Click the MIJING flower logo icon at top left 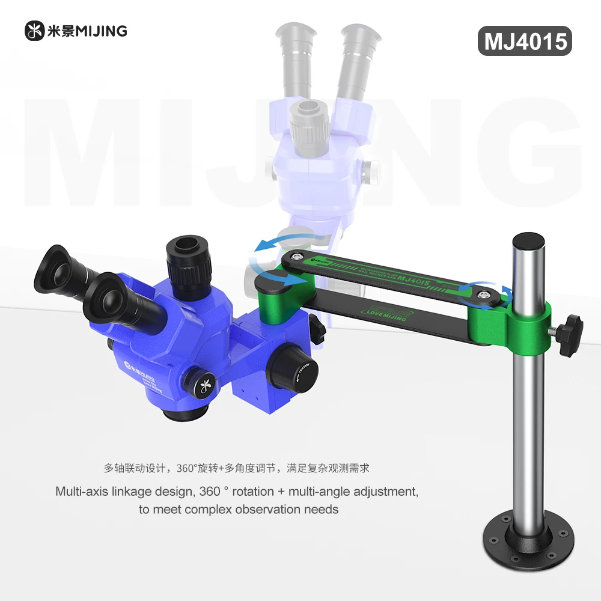34,31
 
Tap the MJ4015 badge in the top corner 525,41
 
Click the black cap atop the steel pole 528,240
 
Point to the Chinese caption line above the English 240,467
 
